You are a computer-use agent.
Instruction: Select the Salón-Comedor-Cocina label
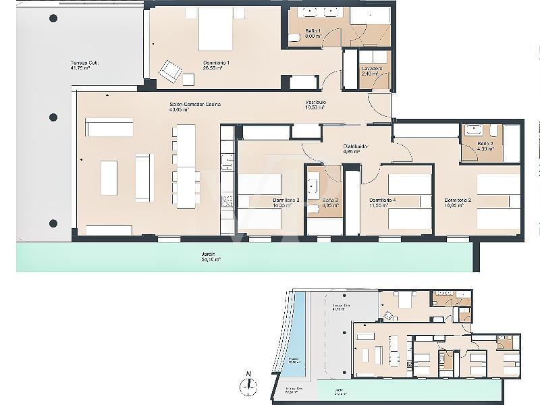195,106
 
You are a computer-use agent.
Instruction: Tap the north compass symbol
249,385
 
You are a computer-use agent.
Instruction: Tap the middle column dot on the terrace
53,117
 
